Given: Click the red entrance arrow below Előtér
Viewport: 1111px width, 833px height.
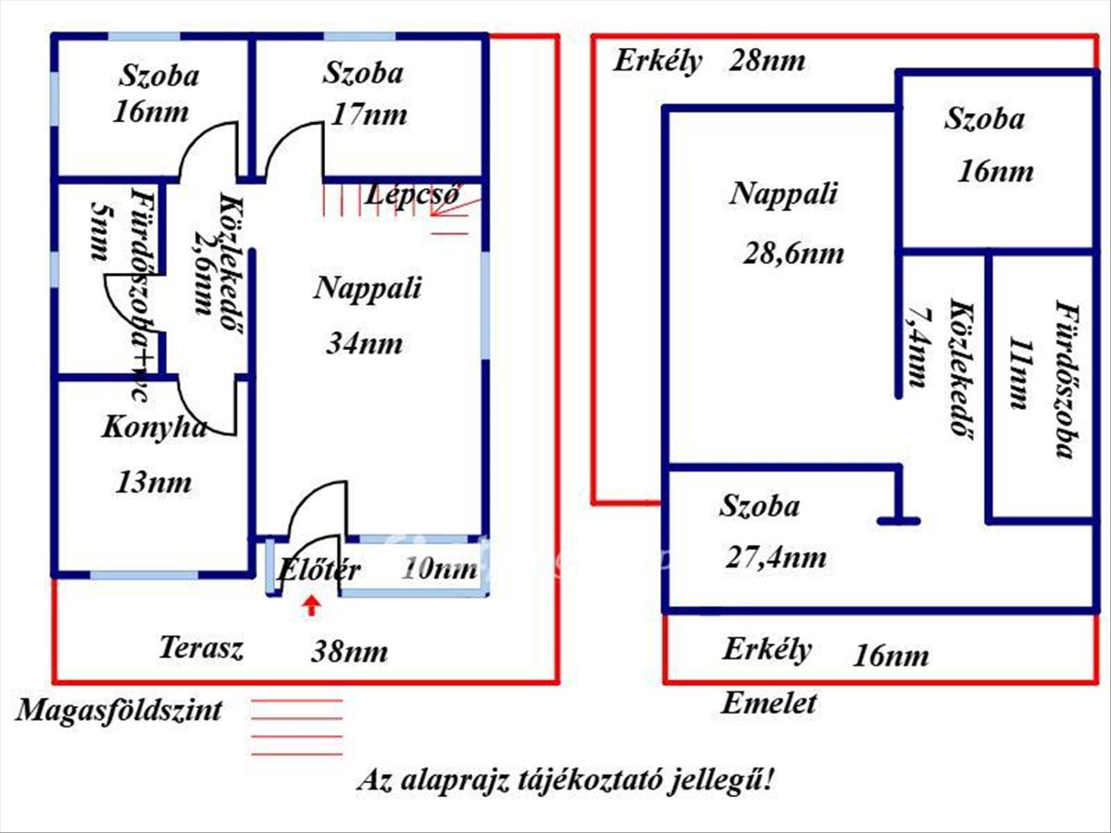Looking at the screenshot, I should coord(313,606).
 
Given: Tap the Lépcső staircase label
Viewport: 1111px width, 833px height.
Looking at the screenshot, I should coord(412,196).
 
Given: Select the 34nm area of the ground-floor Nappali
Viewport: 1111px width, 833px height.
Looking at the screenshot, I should coord(365,344).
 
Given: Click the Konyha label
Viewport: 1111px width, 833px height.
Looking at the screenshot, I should coord(154,428).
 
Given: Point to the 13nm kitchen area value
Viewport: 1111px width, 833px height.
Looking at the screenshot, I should coord(154,482).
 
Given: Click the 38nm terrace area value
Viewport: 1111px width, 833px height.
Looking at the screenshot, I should coord(349,652).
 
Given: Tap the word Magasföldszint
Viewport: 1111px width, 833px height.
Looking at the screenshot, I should coord(119,711).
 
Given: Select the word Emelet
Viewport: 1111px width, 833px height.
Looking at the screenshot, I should coord(769,703).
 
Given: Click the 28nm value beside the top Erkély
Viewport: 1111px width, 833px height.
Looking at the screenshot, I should coord(767,62).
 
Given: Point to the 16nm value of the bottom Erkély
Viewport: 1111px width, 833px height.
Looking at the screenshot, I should coord(890,656).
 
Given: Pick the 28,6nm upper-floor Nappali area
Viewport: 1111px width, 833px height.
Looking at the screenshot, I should coord(793,254).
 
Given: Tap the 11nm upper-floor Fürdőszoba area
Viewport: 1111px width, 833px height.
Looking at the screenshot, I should coord(1018,374).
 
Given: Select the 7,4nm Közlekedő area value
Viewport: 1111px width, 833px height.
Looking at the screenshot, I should coord(917,345).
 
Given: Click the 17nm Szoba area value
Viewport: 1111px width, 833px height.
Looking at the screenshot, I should coord(369,116).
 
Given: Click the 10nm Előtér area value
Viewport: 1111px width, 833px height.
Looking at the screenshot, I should coord(439,569).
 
